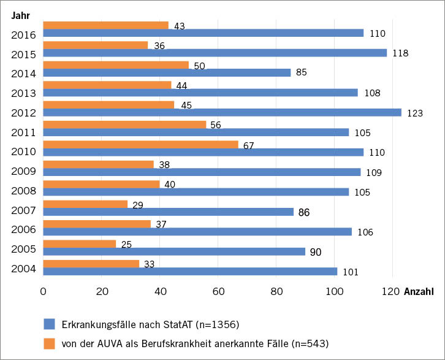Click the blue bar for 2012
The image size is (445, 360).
[222, 112]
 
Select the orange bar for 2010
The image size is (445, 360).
[140, 144]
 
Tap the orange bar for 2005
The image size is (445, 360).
[80, 243]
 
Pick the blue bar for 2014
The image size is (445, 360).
[167, 72]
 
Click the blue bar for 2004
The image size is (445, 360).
[190, 271]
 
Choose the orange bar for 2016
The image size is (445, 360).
[105, 25]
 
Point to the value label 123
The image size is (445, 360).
[414, 113]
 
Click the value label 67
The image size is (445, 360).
[249, 145]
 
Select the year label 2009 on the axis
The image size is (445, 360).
[23, 171]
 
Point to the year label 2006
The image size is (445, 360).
[23, 231]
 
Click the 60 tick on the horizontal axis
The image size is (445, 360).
[218, 291]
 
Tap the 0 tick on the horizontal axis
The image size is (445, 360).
[44, 291]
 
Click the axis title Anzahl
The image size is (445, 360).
[418, 291]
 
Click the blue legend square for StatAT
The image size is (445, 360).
[50, 324]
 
